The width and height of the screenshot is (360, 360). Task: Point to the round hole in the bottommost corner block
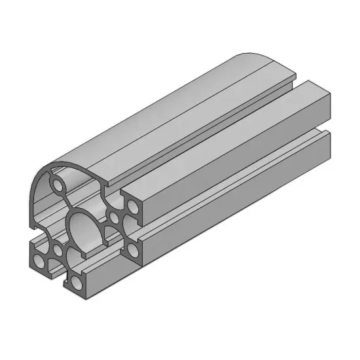pyautogui.click(x=77, y=283)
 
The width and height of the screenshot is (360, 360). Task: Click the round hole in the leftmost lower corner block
pyautogui.click(x=40, y=262)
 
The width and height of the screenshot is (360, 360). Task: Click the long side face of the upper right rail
pyautogui.click(x=242, y=164)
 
